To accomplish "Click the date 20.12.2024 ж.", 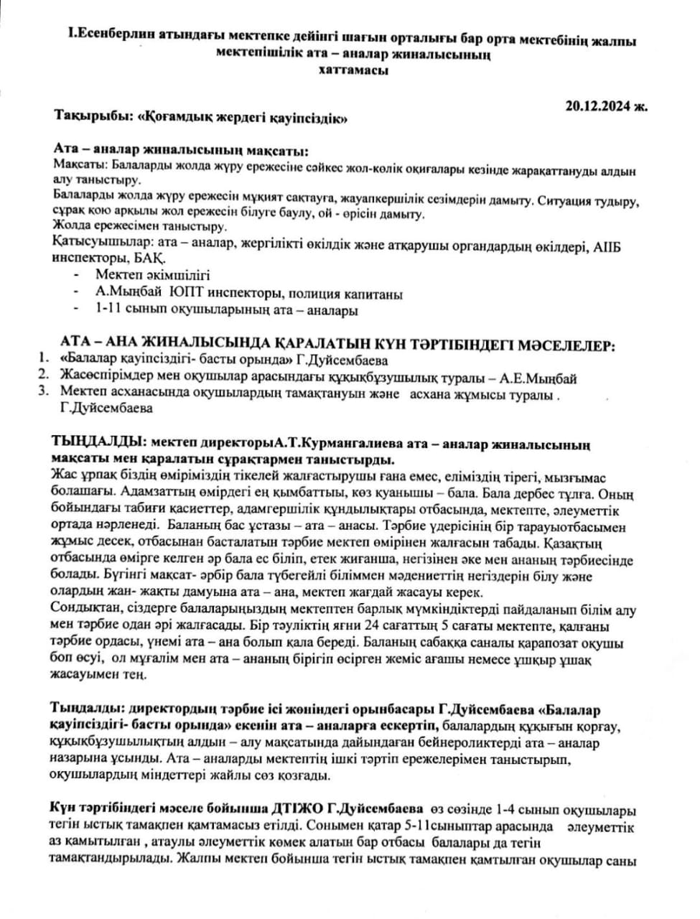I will click(x=605, y=106).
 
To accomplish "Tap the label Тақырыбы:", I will click(x=93, y=118).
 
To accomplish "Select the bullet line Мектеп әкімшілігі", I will click(x=153, y=275).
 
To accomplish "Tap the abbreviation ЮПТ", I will click(x=187, y=294).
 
